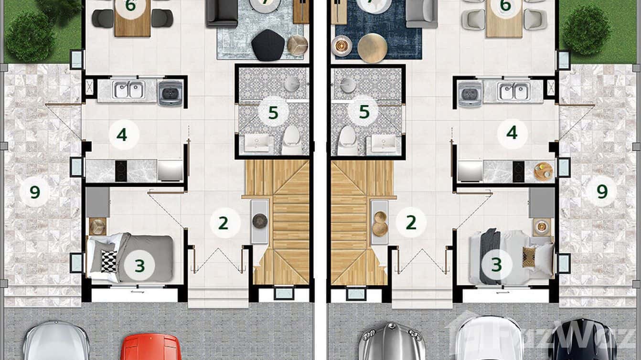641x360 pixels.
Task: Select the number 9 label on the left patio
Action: click(x=34, y=192)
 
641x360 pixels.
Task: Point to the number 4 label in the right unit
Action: click(x=512, y=133)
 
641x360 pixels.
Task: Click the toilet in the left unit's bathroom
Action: click(x=291, y=139)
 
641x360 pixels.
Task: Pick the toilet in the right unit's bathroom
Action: click(x=347, y=139)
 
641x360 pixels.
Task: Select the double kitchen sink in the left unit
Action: click(x=128, y=90)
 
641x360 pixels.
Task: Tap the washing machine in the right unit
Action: click(x=470, y=94)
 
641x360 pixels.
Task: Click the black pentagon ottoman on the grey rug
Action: click(x=267, y=45)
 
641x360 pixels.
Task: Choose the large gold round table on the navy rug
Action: click(x=373, y=48)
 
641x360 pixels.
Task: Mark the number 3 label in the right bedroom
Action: click(x=497, y=264)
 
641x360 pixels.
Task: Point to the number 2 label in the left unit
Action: click(x=223, y=223)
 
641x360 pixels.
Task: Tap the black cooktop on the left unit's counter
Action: click(x=121, y=170)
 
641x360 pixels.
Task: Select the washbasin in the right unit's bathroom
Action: click(x=384, y=143)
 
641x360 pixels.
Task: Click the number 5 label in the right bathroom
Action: click(x=364, y=113)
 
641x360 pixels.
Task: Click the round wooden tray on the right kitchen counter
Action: click(x=544, y=171)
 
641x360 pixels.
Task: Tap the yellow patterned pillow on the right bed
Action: click(x=529, y=257)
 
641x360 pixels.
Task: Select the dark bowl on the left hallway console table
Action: click(x=260, y=221)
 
